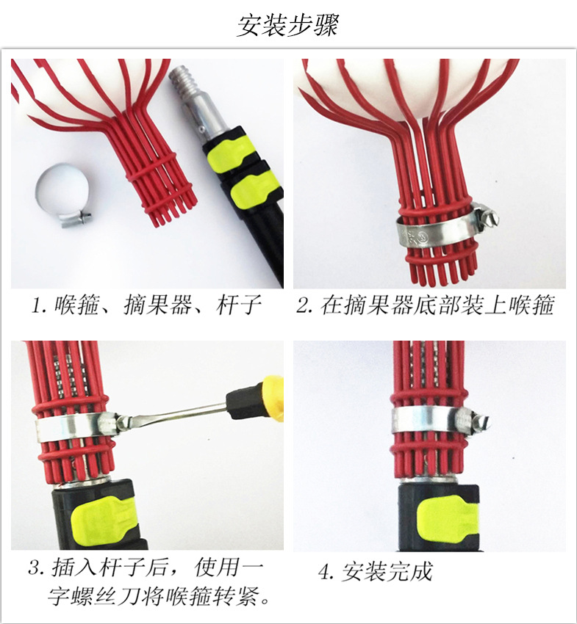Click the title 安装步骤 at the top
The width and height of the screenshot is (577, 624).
coord(288,25)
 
